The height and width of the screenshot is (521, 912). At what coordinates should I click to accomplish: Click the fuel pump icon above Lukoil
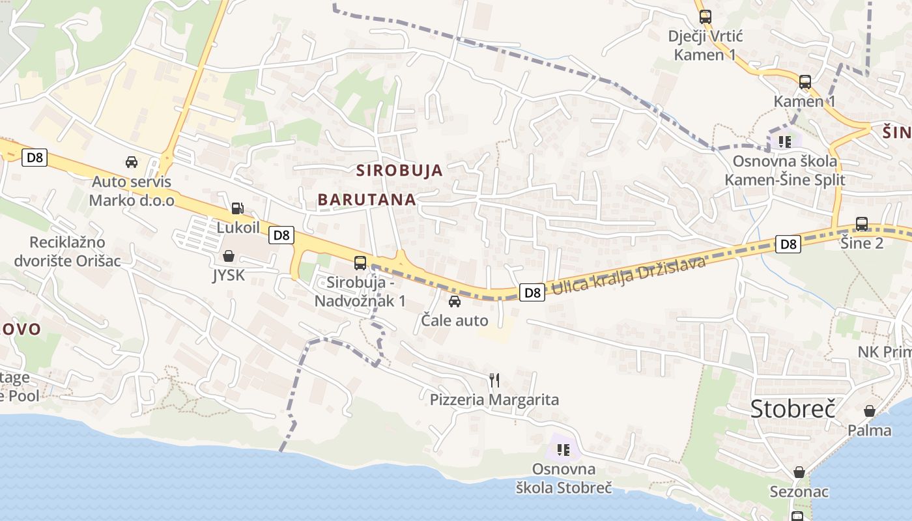click(238, 208)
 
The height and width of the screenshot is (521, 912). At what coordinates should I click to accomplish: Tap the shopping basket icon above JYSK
click(229, 256)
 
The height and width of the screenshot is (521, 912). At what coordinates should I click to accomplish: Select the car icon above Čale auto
click(455, 302)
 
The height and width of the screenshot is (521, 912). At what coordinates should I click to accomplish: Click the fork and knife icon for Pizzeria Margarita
click(494, 380)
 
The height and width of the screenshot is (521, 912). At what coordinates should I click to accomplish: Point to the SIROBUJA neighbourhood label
click(399, 171)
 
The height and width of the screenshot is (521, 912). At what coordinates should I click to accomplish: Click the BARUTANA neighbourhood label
click(367, 200)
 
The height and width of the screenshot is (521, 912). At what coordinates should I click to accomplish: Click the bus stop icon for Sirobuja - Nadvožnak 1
click(360, 263)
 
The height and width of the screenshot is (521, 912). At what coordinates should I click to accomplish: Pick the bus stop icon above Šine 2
click(861, 224)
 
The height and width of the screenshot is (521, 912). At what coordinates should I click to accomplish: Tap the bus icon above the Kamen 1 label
click(805, 82)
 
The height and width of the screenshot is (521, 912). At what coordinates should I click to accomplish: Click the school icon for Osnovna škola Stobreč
click(563, 449)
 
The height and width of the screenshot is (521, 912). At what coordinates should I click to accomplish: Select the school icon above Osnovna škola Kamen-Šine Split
click(784, 141)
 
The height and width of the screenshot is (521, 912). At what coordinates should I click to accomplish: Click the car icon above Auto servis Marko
click(132, 162)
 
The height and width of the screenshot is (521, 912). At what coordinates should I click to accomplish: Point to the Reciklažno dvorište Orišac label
click(68, 251)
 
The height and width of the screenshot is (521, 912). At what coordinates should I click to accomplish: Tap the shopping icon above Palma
click(869, 411)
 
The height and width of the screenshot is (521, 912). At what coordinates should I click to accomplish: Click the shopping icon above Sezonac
click(799, 472)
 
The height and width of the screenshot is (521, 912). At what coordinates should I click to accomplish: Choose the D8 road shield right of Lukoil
click(281, 235)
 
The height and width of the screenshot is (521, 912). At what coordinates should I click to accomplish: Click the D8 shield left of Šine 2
click(788, 244)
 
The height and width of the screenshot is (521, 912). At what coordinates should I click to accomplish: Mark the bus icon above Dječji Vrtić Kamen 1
click(705, 17)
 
